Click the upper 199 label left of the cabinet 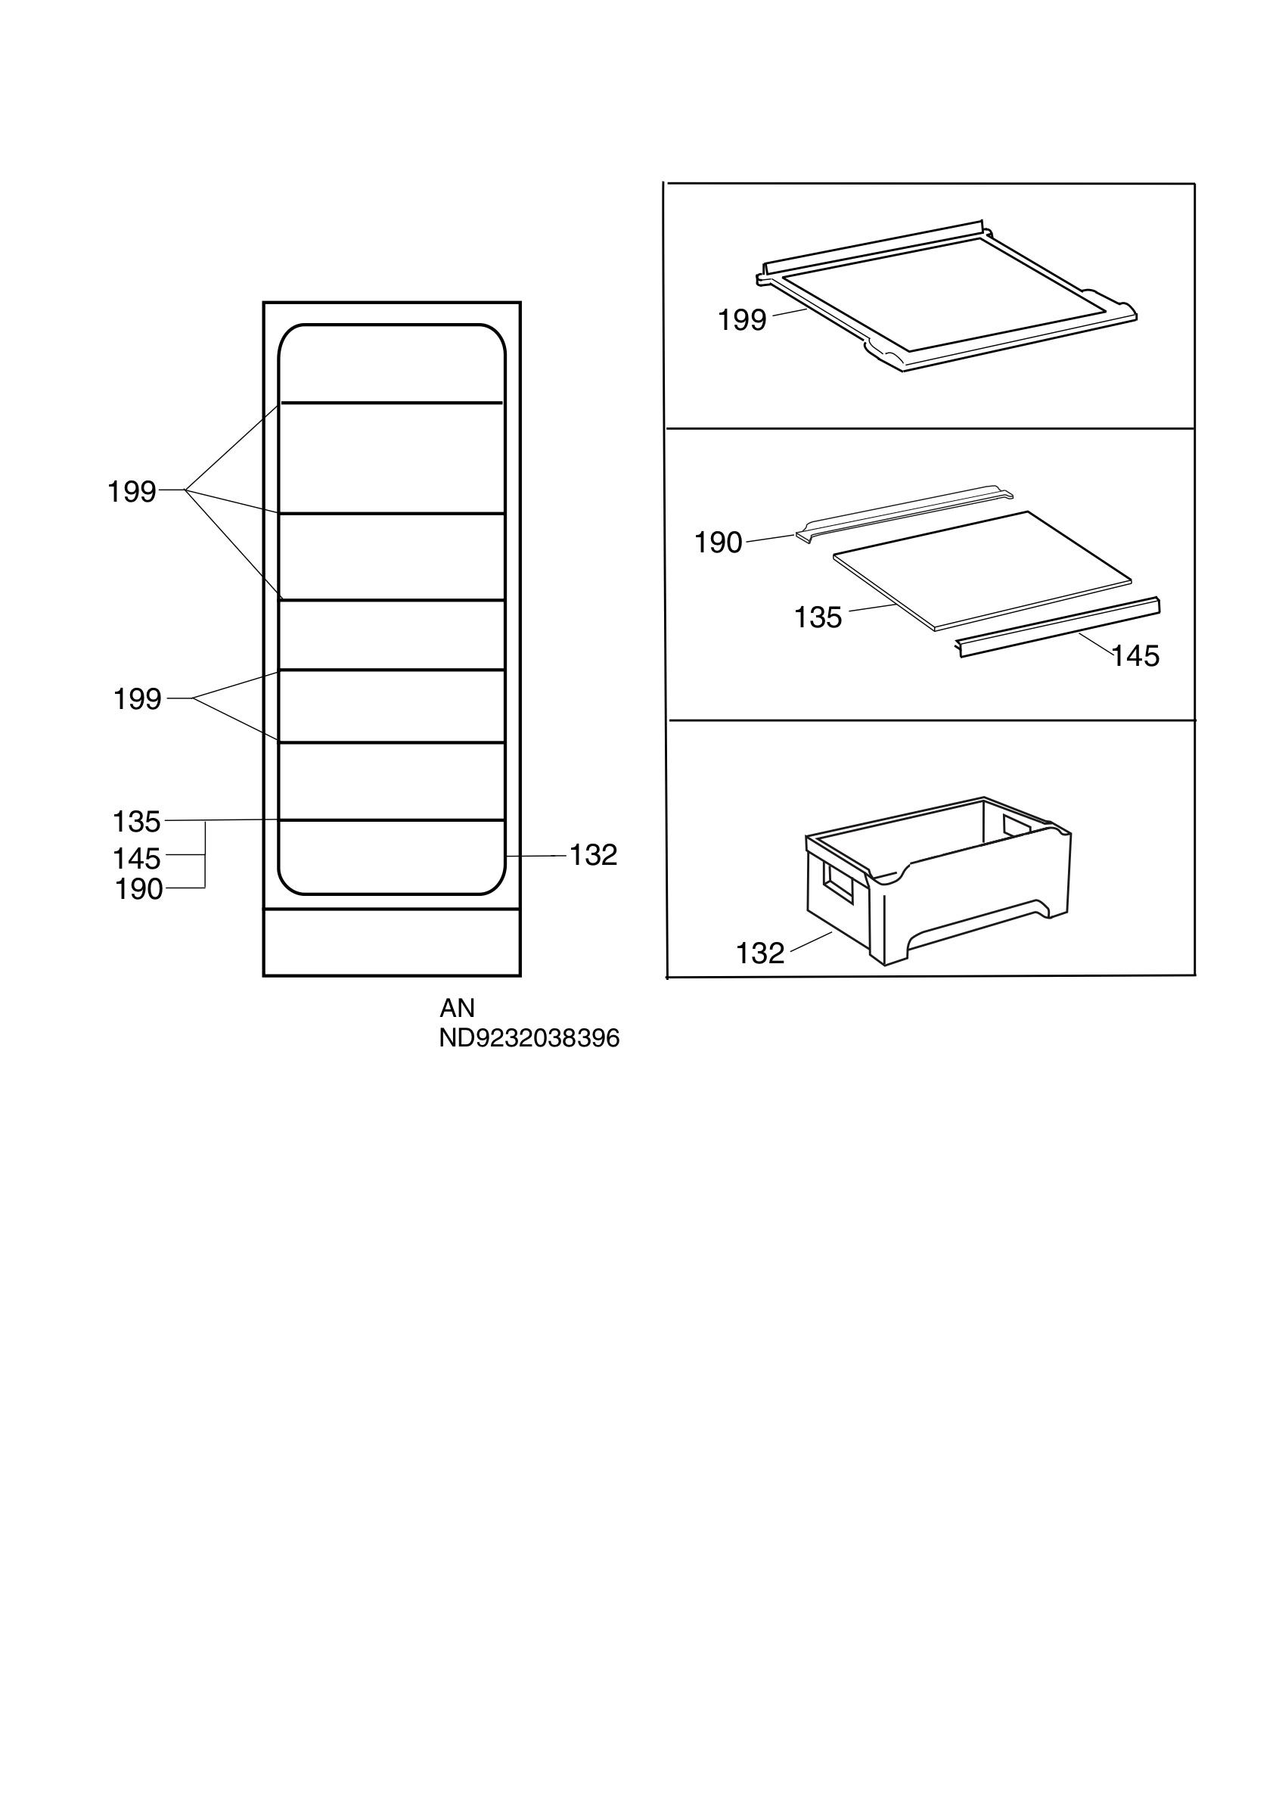(x=132, y=492)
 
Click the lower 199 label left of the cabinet (x=138, y=699)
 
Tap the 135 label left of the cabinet (x=137, y=822)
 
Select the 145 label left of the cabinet (x=137, y=858)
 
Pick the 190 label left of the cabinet (x=139, y=889)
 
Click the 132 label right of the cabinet (x=593, y=855)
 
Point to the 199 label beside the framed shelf (x=742, y=320)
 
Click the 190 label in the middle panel (x=719, y=543)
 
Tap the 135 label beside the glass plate (x=818, y=617)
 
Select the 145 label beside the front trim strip (x=1136, y=656)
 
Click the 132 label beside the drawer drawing (x=760, y=953)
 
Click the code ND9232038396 (x=529, y=1037)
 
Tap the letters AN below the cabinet (x=458, y=1008)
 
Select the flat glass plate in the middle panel (x=983, y=571)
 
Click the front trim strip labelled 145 (x=1058, y=627)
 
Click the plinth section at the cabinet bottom (x=392, y=943)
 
